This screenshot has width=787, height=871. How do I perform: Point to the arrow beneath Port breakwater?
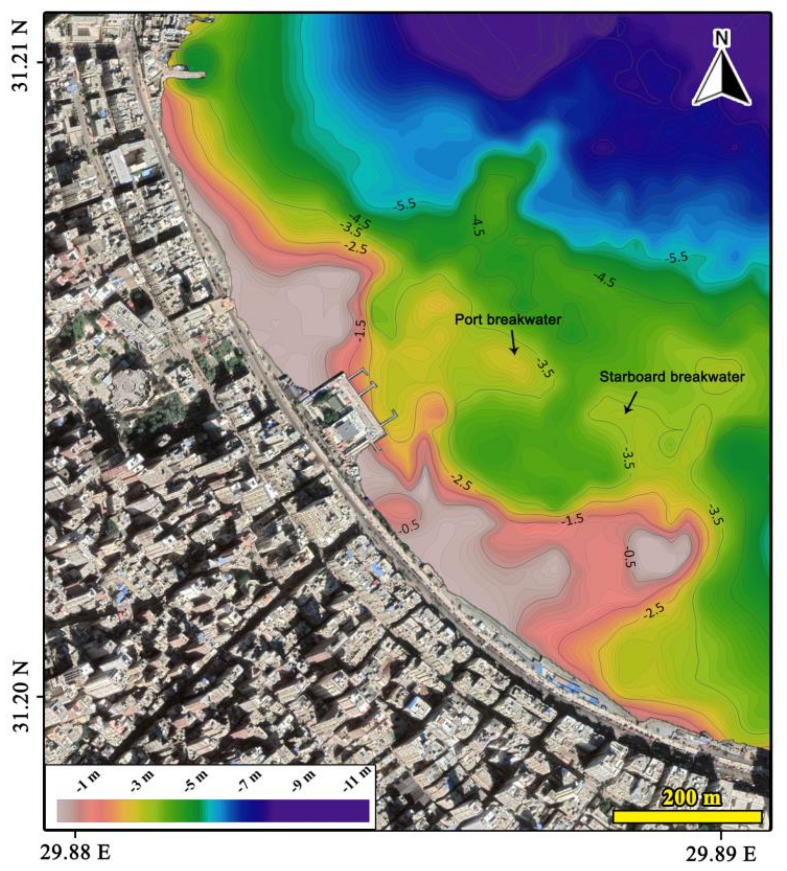coord(514,342)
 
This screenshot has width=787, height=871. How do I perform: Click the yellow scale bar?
coord(687,817)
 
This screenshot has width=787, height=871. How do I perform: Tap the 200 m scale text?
coord(692,797)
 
